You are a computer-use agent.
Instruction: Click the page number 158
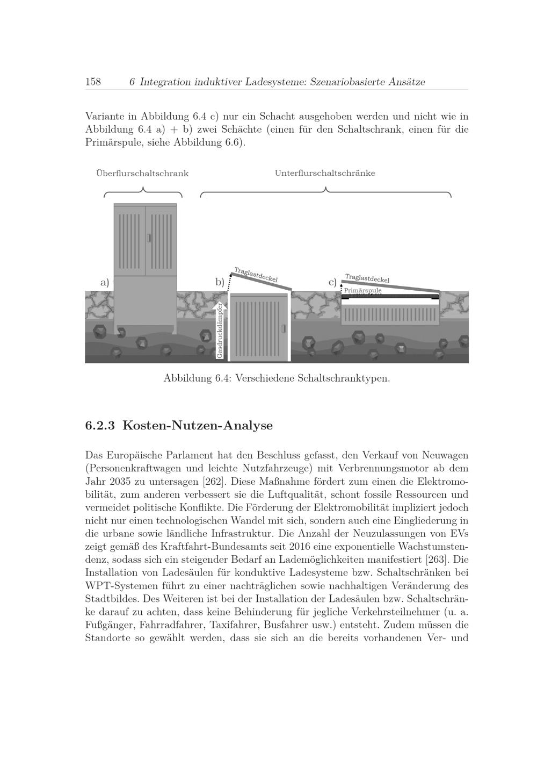point(93,82)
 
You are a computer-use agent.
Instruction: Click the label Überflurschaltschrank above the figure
point(142,174)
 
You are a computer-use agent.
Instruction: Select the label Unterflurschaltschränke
point(325,173)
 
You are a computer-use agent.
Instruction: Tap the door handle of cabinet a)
point(149,238)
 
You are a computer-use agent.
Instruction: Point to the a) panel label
point(105,282)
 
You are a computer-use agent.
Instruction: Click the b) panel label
point(220,282)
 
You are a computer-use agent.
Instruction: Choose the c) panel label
point(332,282)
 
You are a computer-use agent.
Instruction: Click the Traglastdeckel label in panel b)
point(256,275)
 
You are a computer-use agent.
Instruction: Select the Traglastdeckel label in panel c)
point(367,278)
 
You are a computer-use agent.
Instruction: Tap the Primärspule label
point(362,290)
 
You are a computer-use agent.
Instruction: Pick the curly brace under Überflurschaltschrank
point(143,191)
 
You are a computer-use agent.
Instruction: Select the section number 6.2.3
point(100,426)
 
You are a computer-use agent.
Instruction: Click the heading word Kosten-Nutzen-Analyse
point(198,426)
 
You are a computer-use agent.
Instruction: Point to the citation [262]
point(214,481)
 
